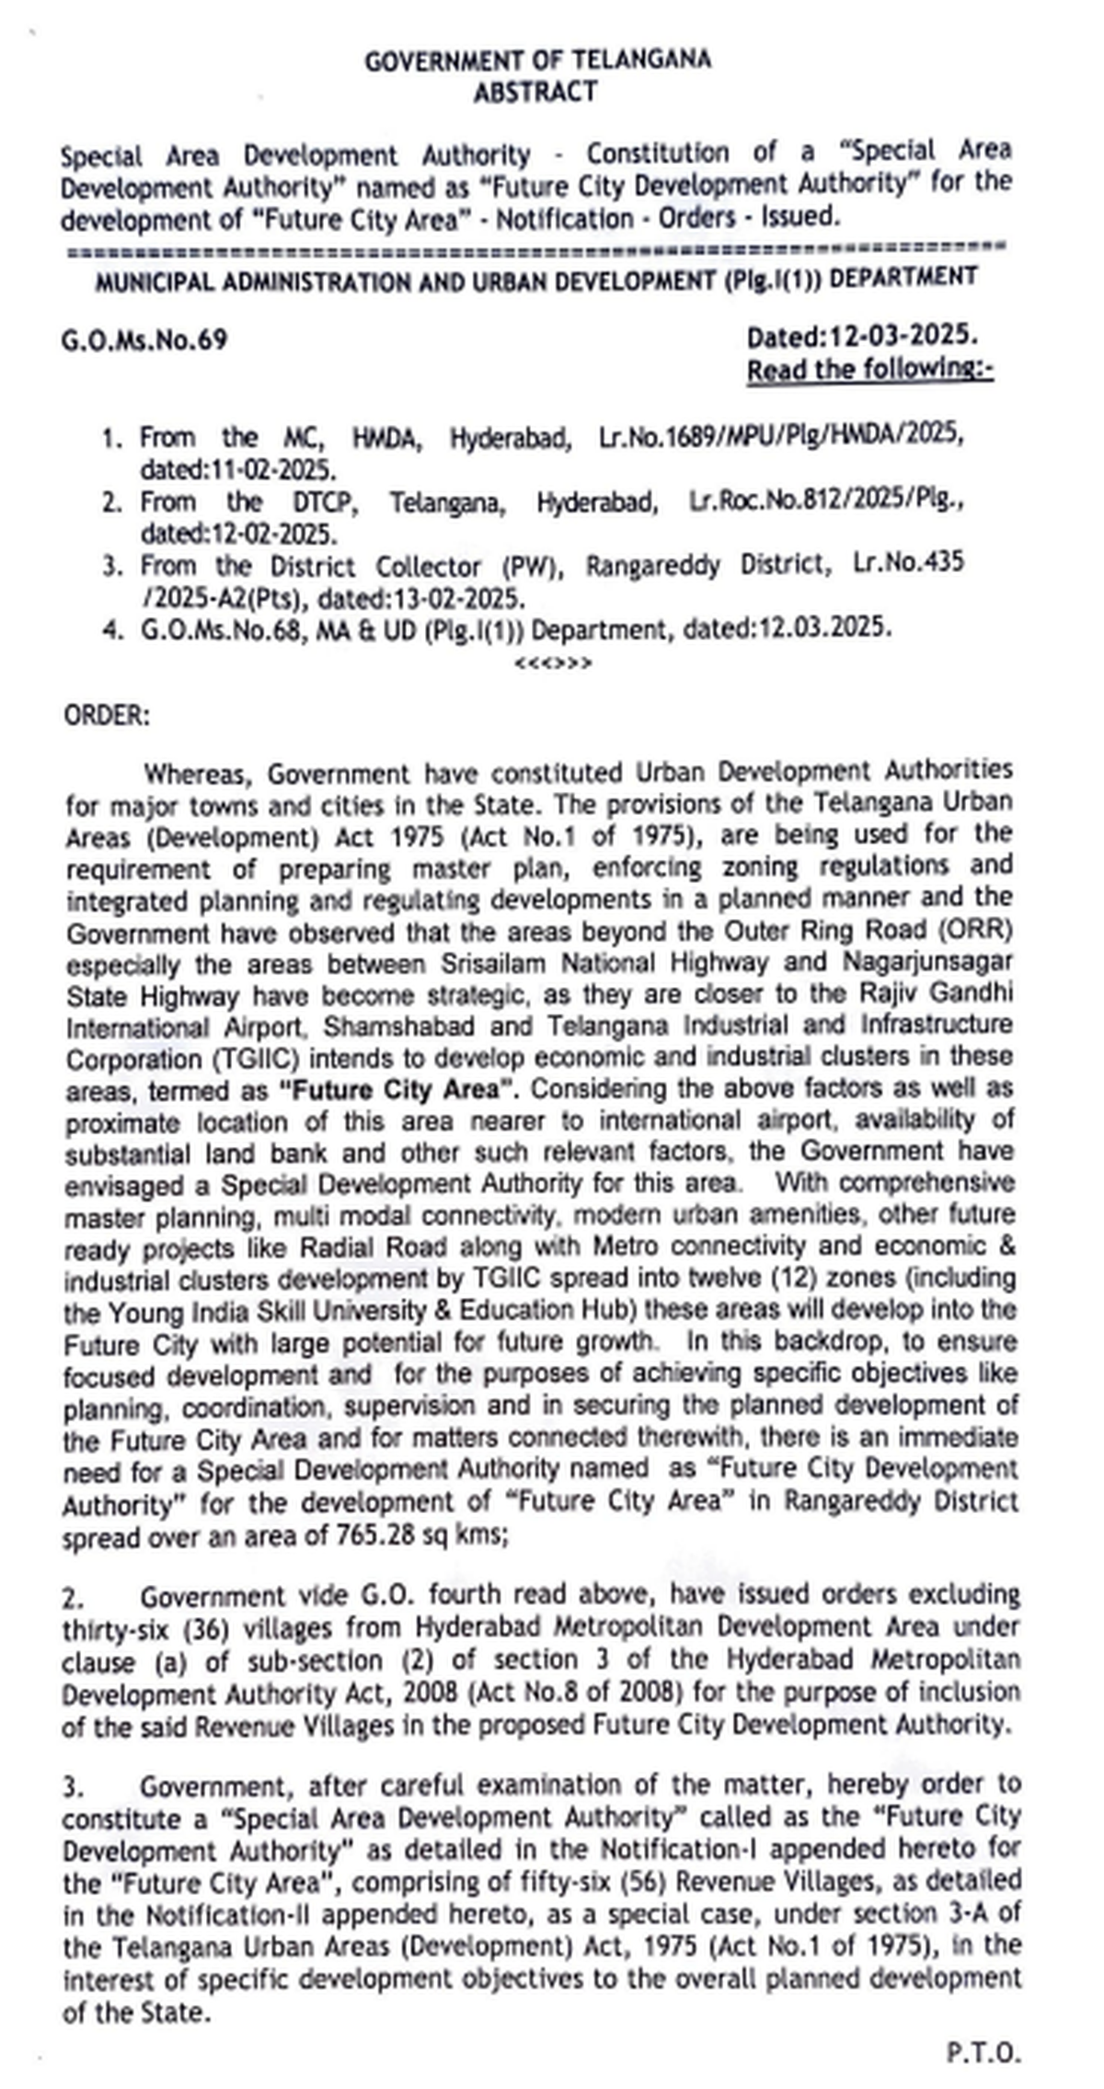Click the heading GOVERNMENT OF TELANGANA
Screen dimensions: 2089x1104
pos(537,61)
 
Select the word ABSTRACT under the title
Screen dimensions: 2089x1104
pos(535,92)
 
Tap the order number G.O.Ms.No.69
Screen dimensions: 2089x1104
pos(144,341)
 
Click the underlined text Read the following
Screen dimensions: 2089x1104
pos(868,370)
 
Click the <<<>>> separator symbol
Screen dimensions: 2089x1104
pos(554,663)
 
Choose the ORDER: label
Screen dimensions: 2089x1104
pos(106,715)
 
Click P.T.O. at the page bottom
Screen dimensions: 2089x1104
pos(983,2052)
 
